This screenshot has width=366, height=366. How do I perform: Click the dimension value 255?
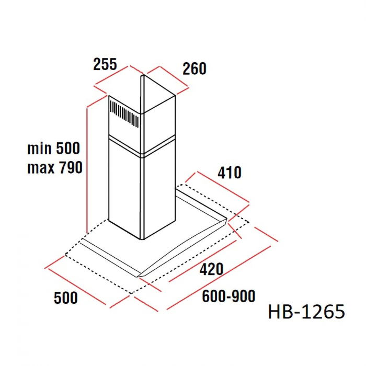click(105, 64)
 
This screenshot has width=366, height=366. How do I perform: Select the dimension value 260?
click(195, 68)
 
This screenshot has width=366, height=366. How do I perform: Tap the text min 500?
click(54, 148)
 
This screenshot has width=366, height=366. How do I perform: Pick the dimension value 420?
click(211, 269)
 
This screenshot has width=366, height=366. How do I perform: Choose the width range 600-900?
click(228, 296)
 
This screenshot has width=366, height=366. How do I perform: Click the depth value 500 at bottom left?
click(66, 298)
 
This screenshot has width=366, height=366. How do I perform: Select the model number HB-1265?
click(306, 312)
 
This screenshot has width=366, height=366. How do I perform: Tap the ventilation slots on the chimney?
click(124, 115)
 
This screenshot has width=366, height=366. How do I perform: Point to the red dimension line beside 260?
click(166, 79)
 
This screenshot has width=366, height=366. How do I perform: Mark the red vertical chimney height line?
click(86, 167)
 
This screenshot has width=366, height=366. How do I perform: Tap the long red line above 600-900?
click(220, 277)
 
